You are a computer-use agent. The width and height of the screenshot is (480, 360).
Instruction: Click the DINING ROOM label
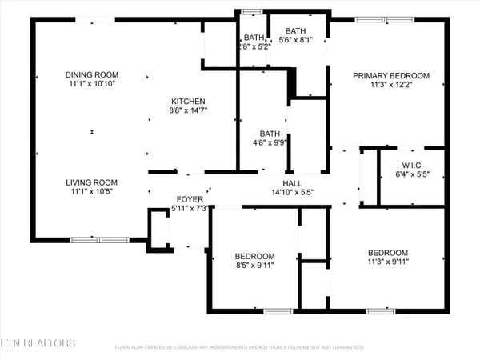pyautogui.click(x=90, y=75)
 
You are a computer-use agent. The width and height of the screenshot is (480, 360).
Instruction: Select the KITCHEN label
pyautogui.click(x=190, y=101)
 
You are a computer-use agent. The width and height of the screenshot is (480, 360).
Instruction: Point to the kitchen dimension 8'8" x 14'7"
pyautogui.click(x=190, y=110)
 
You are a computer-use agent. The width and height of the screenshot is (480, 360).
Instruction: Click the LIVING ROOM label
pyautogui.click(x=90, y=182)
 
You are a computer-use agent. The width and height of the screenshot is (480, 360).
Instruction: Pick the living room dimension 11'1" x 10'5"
pyautogui.click(x=90, y=191)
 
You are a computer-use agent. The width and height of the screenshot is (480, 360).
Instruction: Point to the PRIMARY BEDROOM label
pyautogui.click(x=392, y=76)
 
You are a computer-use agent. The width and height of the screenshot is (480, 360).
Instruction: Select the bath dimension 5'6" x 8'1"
pyautogui.click(x=301, y=42)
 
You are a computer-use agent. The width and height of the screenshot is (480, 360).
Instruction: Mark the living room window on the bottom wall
pyautogui.click(x=98, y=239)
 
